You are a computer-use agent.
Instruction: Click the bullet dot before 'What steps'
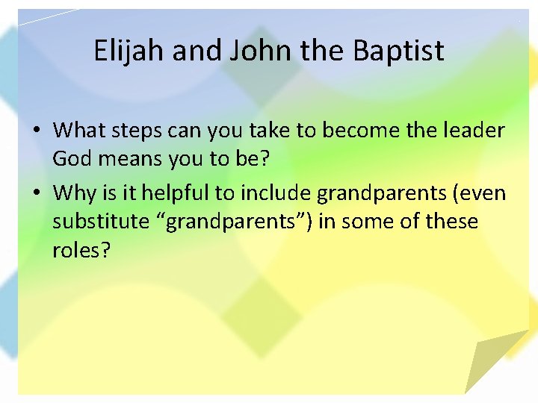[37, 131]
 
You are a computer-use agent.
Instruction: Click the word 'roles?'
[81, 251]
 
